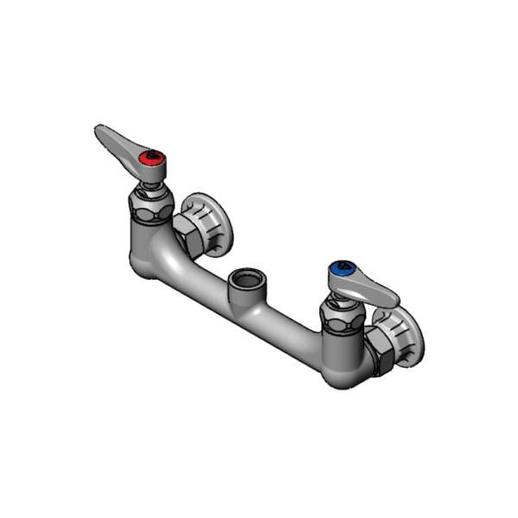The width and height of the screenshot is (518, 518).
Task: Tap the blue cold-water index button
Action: pos(344,269)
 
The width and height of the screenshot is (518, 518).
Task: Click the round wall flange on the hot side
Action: pos(211,223)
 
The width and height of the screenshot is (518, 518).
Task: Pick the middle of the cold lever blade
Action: pos(371,288)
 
